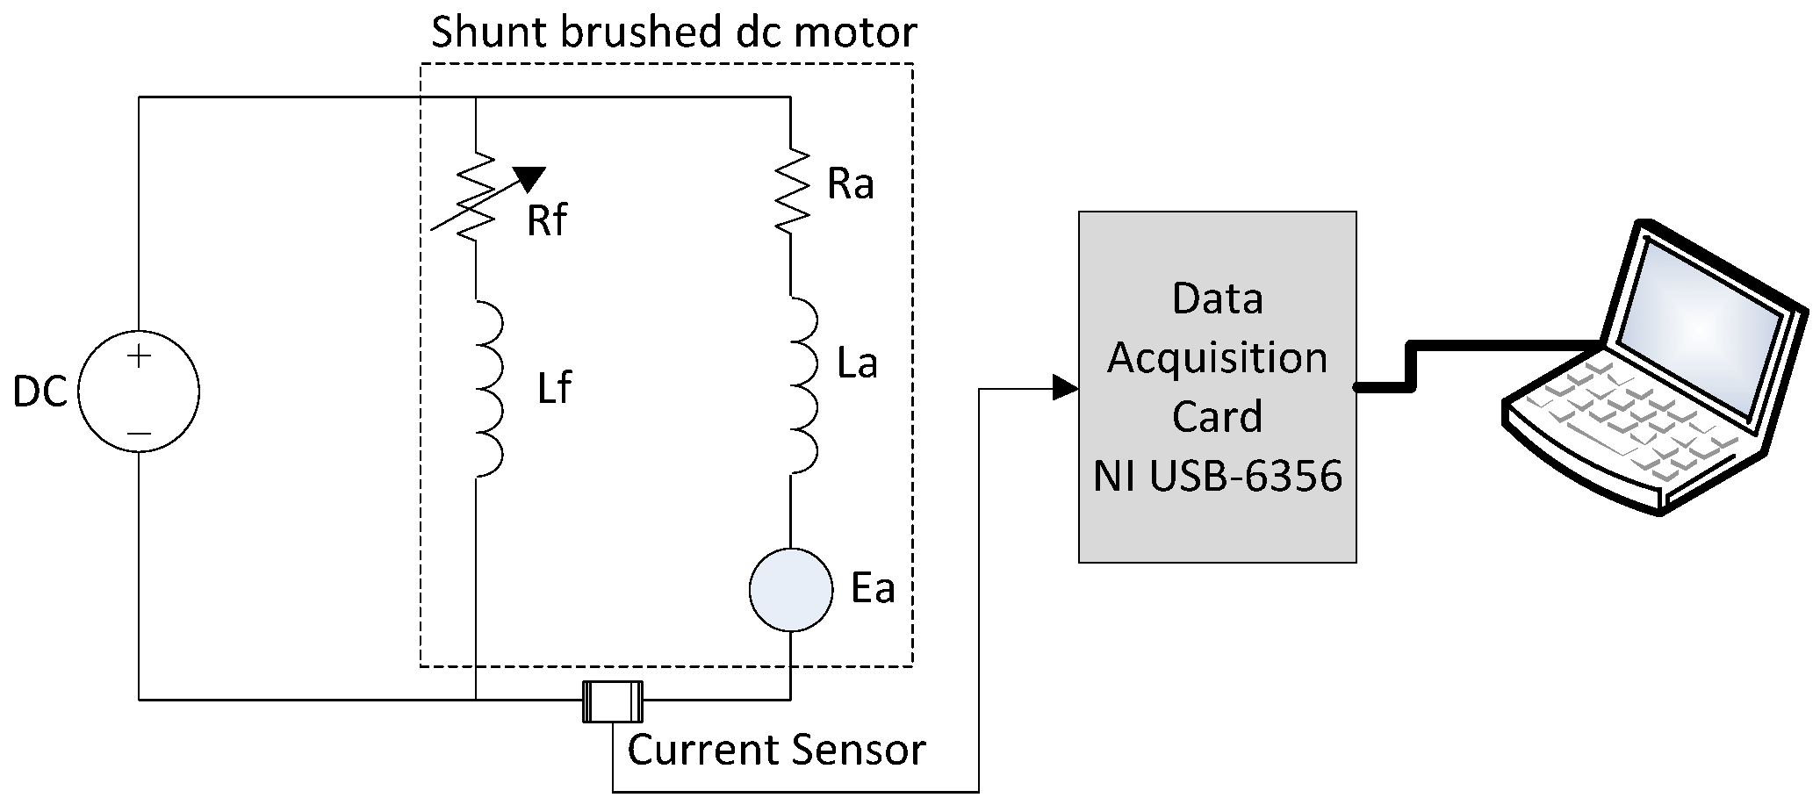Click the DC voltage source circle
(139, 392)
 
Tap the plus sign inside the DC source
(139, 356)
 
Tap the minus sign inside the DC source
(139, 433)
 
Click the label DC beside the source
(40, 392)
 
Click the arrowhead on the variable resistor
(529, 178)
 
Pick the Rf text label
(546, 220)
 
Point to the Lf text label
(555, 388)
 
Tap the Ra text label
(850, 184)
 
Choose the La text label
(857, 363)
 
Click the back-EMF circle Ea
(790, 590)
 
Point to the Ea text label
(873, 588)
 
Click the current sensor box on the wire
(612, 701)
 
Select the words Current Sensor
(776, 750)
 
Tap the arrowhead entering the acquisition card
(1065, 387)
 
